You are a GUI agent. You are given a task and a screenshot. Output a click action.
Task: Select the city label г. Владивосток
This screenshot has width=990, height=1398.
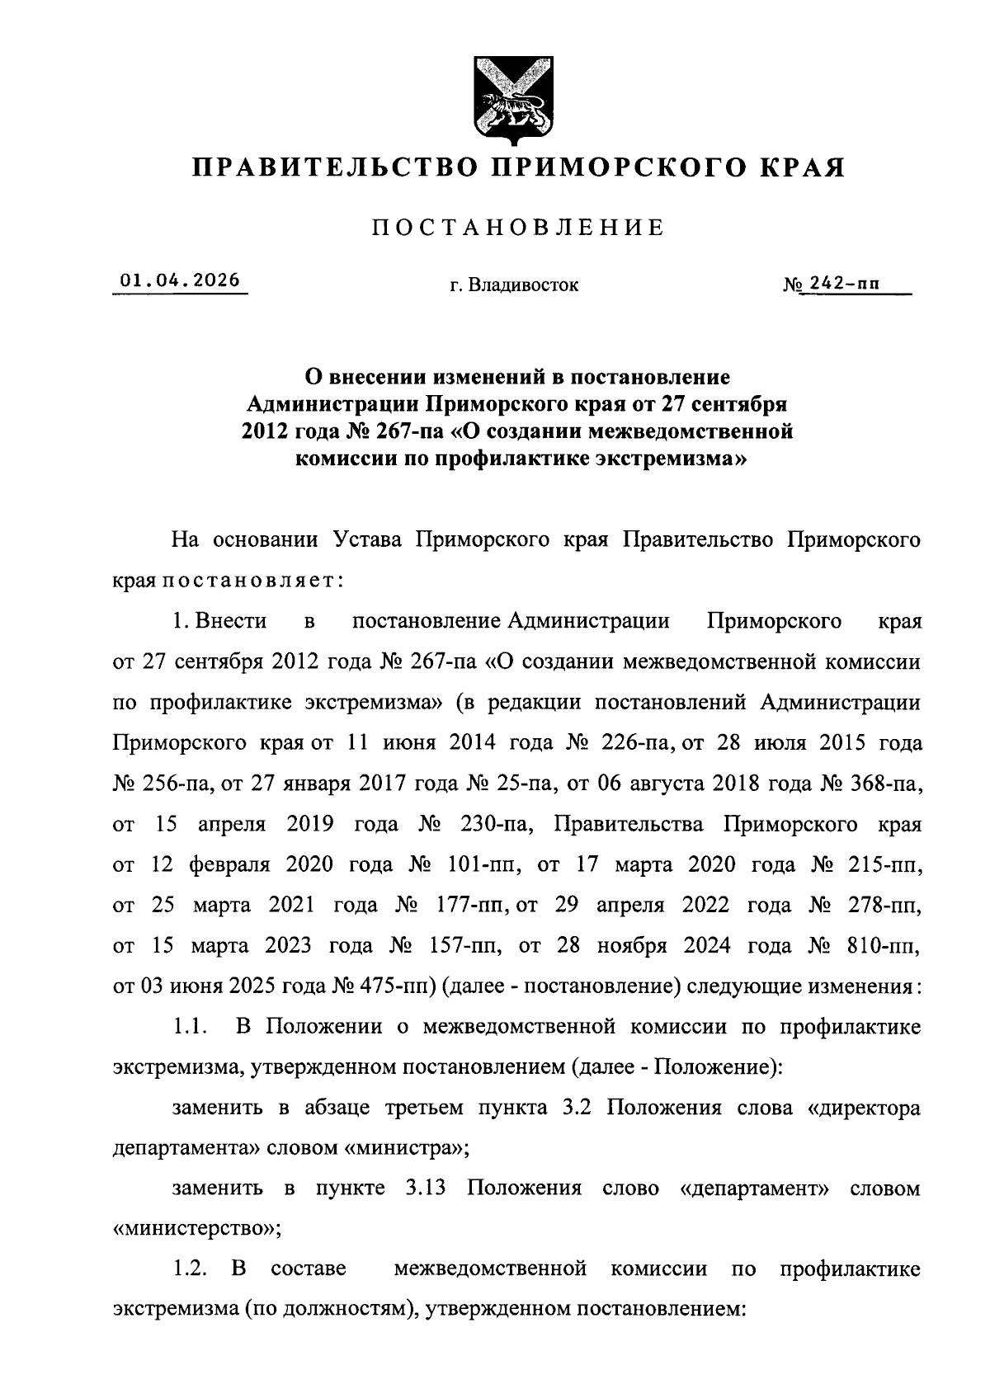click(x=514, y=285)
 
